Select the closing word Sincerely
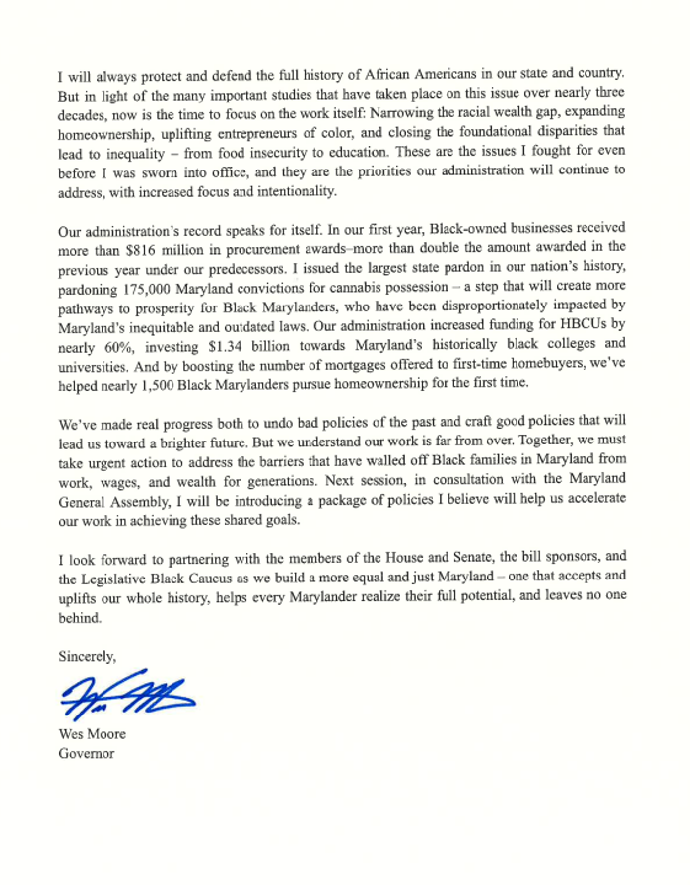[x=88, y=655]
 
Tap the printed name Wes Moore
[x=93, y=735]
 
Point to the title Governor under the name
[x=87, y=754]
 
